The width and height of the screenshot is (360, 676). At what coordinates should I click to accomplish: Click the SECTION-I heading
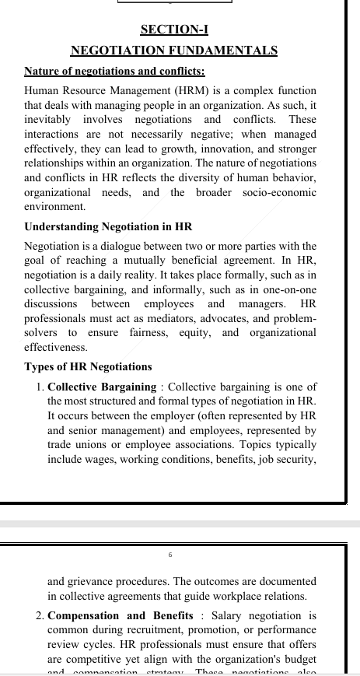point(173,30)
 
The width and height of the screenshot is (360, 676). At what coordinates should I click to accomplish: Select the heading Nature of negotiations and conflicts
point(114,72)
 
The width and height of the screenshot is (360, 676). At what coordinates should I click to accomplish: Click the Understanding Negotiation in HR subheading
point(108,227)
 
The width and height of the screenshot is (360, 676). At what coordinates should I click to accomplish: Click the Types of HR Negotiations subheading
point(88,366)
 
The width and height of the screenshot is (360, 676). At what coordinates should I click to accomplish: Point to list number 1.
point(39,387)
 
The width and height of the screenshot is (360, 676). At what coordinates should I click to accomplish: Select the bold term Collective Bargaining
point(102,387)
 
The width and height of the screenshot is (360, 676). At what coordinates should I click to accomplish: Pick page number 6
point(170,555)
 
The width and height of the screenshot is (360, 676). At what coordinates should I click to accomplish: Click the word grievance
point(92,581)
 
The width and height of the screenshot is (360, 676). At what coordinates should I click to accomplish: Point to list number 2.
point(39,616)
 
